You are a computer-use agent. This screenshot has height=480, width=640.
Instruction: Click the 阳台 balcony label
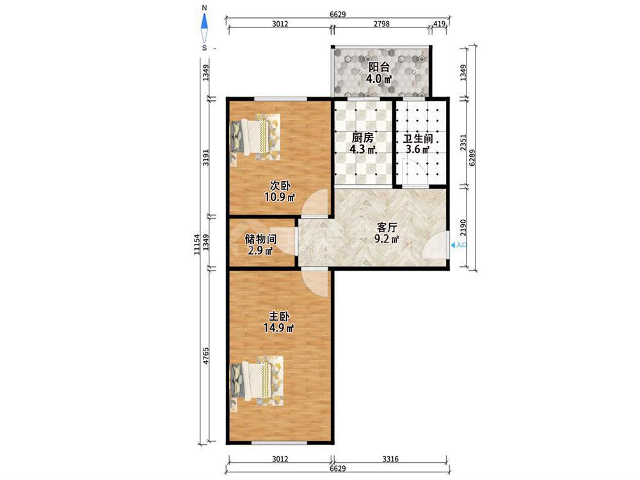click(379, 67)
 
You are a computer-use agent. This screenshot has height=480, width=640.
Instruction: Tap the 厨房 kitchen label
click(362, 138)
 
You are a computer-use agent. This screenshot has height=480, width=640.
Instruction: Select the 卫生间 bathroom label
click(418, 138)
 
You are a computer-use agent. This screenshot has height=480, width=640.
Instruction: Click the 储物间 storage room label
click(260, 239)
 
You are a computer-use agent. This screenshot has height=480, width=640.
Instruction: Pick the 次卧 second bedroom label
click(280, 186)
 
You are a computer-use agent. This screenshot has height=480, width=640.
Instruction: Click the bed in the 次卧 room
click(256, 136)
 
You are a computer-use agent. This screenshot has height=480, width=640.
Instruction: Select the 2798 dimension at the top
click(381, 24)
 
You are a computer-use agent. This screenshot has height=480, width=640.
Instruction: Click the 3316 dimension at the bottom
click(390, 459)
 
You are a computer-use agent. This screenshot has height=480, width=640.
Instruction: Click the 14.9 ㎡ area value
click(279, 327)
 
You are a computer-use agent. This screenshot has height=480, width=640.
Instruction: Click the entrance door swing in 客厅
click(435, 246)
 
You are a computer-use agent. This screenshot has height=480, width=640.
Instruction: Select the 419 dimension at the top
click(439, 24)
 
